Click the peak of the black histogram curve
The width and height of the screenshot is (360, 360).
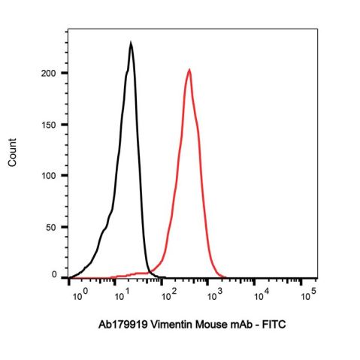point(131,44)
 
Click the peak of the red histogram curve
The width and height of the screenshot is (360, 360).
point(189,71)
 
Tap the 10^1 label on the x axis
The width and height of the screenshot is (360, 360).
point(123,294)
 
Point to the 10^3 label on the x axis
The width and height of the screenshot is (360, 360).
point(214,294)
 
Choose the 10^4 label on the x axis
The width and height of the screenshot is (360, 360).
point(261,294)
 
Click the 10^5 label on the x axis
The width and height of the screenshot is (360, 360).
point(307,294)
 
